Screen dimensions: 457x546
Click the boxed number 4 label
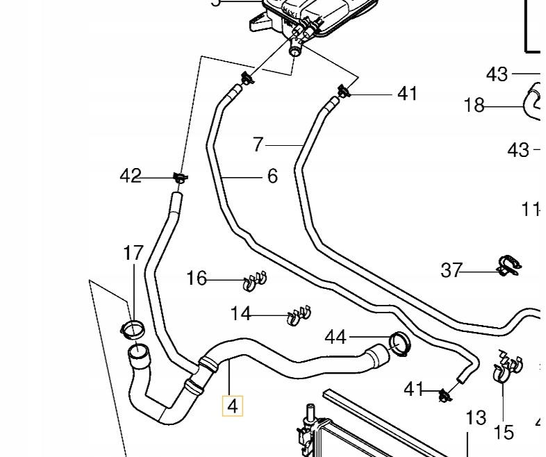click(232, 405)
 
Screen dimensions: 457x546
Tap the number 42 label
click(131, 176)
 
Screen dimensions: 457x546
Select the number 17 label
click(133, 254)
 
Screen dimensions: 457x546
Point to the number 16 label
click(197, 279)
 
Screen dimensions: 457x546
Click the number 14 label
click(240, 314)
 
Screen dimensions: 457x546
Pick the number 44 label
click(336, 338)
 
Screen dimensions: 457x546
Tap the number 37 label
click(452, 269)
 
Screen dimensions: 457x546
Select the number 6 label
click(272, 176)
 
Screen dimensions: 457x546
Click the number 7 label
click(258, 144)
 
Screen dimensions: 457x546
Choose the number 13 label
click(476, 418)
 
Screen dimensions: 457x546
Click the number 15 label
click(504, 432)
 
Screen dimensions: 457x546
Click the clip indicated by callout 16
click(254, 281)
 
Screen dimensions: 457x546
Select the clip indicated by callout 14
click(299, 317)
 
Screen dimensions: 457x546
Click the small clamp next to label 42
click(180, 178)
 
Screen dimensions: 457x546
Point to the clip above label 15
click(506, 368)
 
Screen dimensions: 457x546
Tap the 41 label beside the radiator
click(414, 390)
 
